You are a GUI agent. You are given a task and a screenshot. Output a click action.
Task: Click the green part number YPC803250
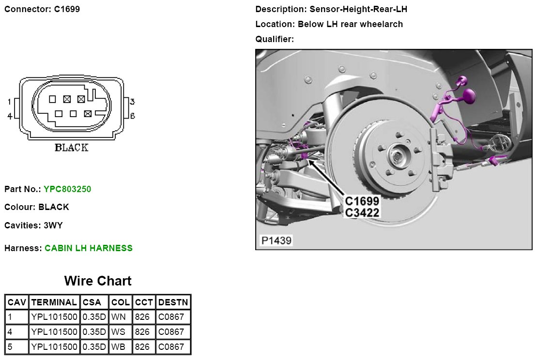click(67, 189)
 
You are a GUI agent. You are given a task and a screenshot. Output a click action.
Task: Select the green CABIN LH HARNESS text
click(89, 248)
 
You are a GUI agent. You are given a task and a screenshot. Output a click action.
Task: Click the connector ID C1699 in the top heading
click(67, 9)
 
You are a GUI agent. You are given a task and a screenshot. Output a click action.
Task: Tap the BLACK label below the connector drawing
click(71, 148)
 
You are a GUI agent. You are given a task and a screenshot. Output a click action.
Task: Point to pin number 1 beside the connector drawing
click(10, 102)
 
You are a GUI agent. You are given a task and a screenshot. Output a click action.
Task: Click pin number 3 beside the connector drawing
click(132, 102)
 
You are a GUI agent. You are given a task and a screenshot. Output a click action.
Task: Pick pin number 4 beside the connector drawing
click(10, 116)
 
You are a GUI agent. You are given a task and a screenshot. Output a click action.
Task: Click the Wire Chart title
click(98, 281)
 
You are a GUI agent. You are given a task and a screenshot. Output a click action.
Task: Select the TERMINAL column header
click(54, 302)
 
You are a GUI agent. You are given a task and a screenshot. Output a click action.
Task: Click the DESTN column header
click(173, 302)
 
